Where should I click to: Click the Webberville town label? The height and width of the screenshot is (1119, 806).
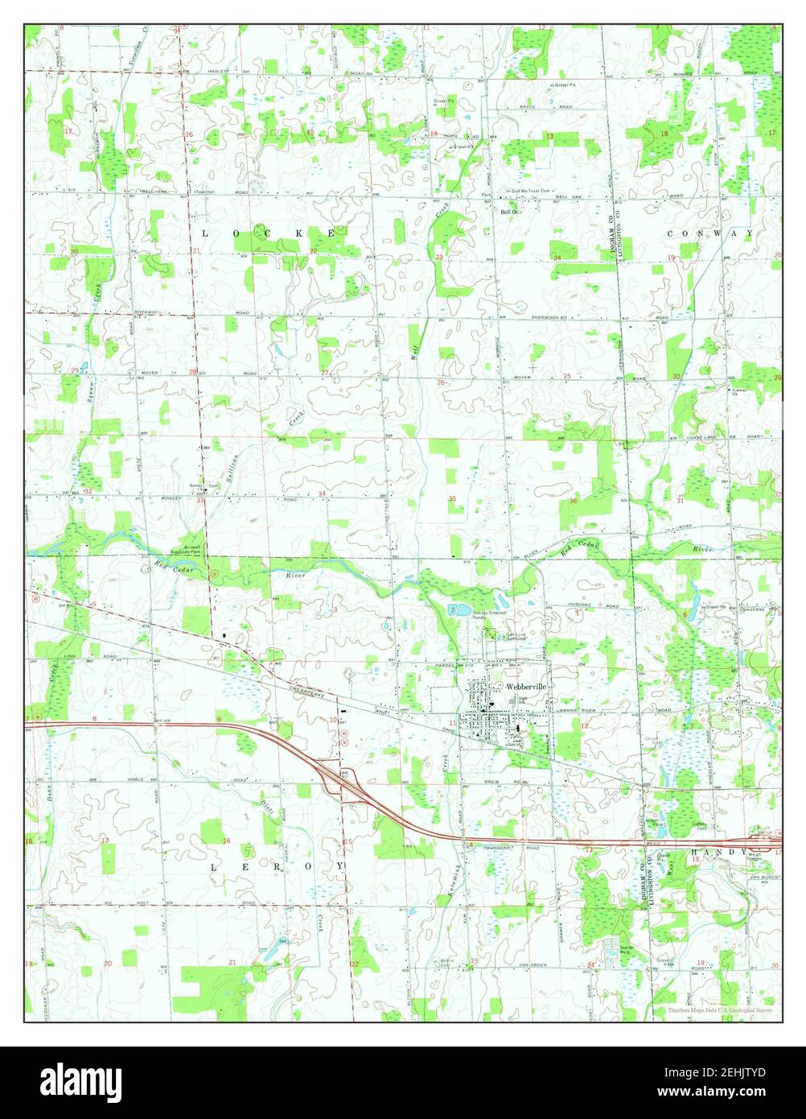point(526,686)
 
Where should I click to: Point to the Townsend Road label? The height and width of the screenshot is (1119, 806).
point(505,849)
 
